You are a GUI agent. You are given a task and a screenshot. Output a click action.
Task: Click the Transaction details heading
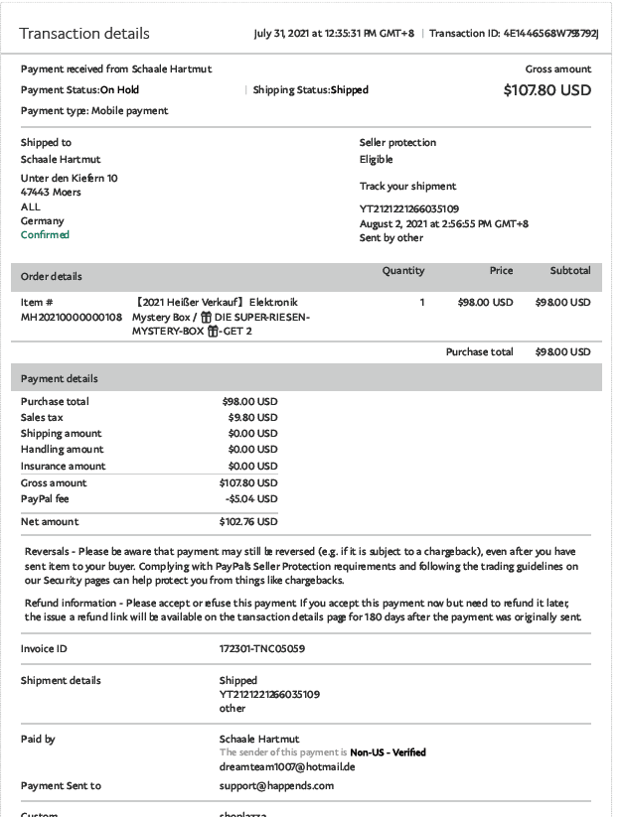pos(84,34)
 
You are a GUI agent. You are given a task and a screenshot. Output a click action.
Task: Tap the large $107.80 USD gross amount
pos(546,90)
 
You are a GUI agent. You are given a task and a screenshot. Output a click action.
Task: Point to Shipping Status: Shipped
pos(310,90)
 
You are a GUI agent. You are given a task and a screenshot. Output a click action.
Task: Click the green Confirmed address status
pos(45,235)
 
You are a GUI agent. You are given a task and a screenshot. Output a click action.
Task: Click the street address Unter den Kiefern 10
pos(69,179)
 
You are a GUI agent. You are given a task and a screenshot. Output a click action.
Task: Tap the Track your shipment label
pos(407,186)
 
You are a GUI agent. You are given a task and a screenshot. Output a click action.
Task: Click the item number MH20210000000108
pos(72,317)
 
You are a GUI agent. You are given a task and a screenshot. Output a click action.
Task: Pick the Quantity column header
pos(403,271)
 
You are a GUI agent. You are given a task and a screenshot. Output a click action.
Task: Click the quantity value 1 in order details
pos(421,303)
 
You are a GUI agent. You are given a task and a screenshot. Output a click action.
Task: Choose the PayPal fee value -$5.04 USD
pos(249,498)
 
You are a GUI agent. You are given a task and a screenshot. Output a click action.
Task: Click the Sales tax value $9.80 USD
pos(252,418)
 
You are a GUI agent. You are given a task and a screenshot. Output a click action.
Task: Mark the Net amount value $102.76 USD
pos(248,522)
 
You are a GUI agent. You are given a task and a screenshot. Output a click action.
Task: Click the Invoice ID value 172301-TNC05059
pos(261,649)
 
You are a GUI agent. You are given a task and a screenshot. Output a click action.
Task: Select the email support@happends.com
pos(276,786)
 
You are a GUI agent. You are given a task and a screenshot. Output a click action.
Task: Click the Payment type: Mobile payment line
pos(94,110)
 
